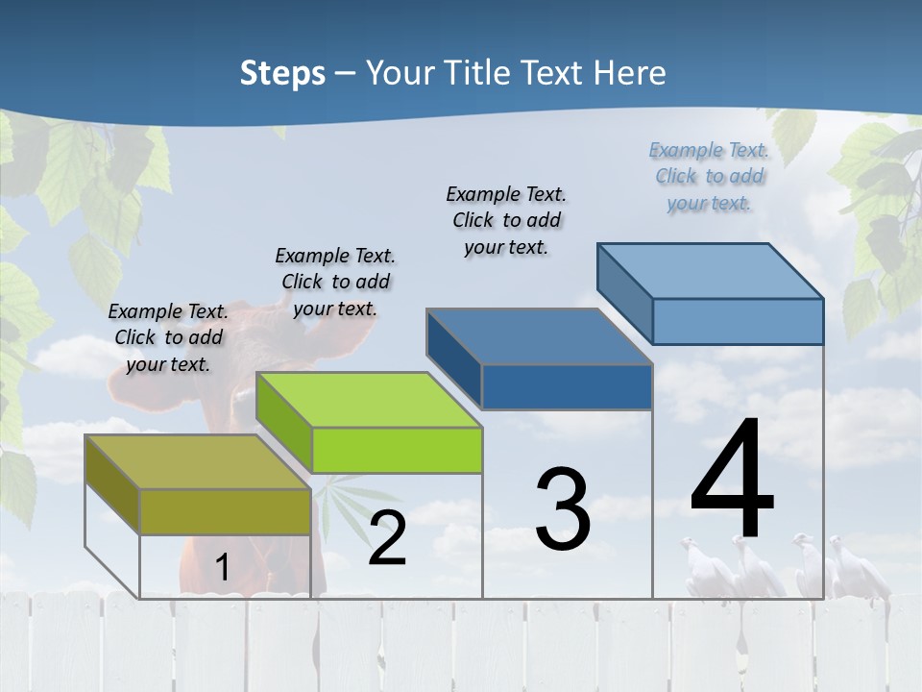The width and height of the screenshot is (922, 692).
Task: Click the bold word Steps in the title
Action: (x=282, y=73)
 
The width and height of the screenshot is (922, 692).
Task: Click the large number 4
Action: (x=732, y=481)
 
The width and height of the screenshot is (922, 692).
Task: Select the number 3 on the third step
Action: (x=563, y=509)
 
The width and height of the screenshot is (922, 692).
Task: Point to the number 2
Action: (x=387, y=538)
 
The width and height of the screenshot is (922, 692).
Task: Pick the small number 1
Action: (x=222, y=567)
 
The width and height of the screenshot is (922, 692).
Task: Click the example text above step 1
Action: (x=168, y=337)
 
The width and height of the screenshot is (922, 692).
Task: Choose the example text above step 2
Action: (x=335, y=282)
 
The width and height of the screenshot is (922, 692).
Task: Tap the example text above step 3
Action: (x=506, y=220)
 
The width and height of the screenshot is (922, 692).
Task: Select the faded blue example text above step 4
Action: (x=709, y=176)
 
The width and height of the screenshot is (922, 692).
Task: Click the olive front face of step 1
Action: (x=225, y=511)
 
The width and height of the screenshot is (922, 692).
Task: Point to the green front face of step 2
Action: (x=397, y=450)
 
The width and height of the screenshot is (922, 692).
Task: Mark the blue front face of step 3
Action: (x=567, y=386)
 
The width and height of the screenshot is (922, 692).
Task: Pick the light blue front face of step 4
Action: (x=738, y=321)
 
